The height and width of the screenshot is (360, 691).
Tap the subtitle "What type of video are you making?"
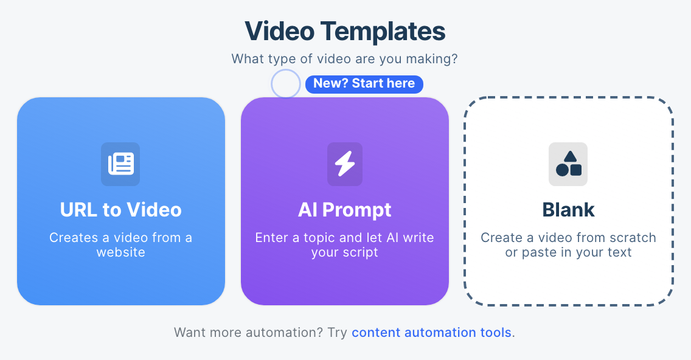coord(344,60)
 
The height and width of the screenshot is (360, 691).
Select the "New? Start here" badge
coord(364,84)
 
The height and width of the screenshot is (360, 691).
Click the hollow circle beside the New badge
coord(286,84)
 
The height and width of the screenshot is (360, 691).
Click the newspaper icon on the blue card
coord(120,164)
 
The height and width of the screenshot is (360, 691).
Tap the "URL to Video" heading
coord(120,210)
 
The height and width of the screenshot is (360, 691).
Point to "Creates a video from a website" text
coord(120,244)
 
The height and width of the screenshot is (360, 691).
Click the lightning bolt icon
coord(345,164)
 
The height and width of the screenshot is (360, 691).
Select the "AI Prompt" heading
coord(345,210)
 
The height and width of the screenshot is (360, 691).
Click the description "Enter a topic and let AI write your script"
coord(345,244)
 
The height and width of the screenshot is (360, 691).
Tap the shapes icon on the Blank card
coord(568,164)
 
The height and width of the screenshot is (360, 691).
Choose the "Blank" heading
coord(568,210)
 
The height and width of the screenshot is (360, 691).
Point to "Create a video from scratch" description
coord(568,238)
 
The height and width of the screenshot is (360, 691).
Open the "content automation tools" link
coord(431,333)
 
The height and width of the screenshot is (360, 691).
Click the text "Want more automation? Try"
coord(261,333)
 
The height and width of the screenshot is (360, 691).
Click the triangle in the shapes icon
coord(570,156)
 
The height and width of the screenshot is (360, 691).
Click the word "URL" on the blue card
coord(79,210)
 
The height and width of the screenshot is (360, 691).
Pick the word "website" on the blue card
coord(120,252)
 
